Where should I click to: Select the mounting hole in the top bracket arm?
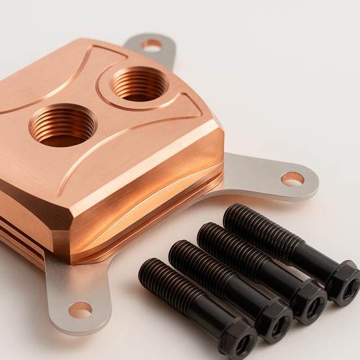pyautogui.click(x=152, y=45)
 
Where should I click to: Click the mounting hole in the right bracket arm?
pyautogui.click(x=292, y=178)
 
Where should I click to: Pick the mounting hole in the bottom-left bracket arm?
pyautogui.click(x=80, y=310)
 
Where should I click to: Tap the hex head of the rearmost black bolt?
pyautogui.click(x=341, y=282)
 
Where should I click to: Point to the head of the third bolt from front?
pyautogui.click(x=308, y=300)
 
